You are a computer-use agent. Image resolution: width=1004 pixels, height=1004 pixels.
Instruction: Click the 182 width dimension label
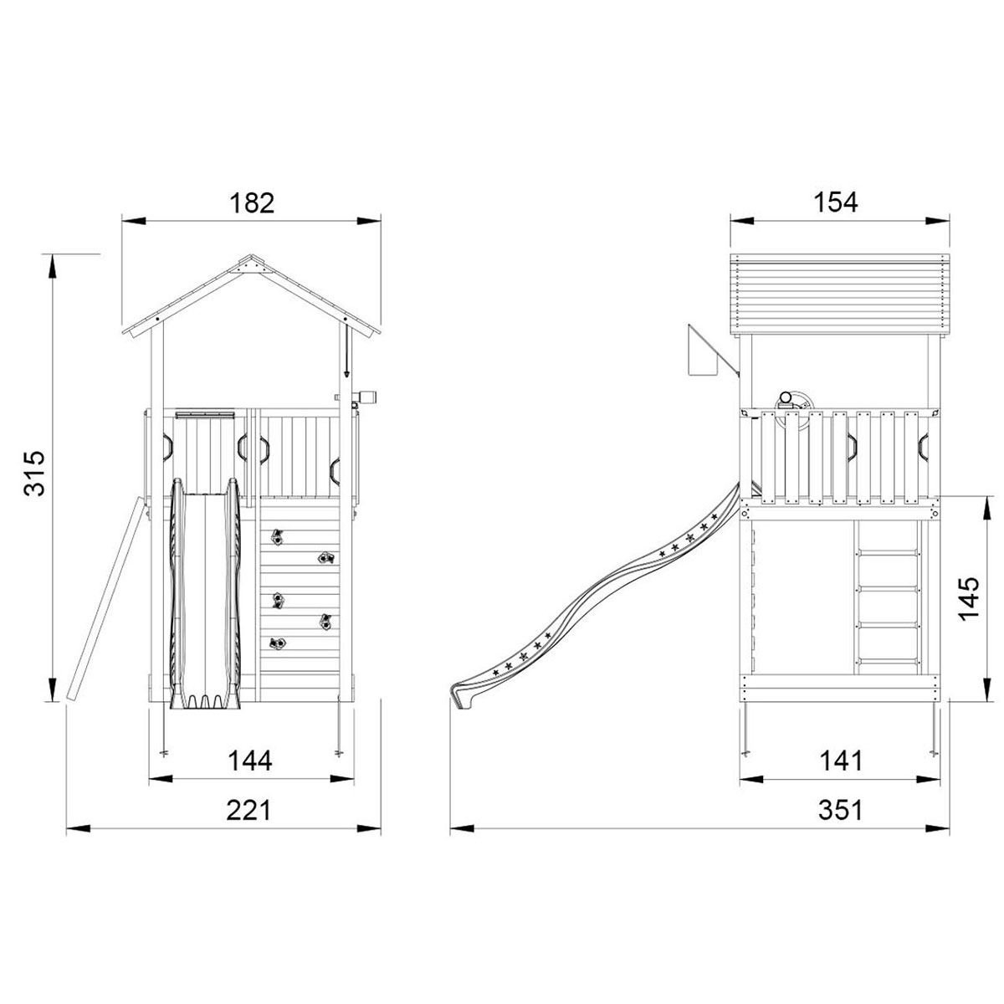(252, 202)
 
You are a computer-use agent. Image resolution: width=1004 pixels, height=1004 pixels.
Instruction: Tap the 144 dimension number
(251, 761)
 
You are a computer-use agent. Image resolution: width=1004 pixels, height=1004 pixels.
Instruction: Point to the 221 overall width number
(249, 810)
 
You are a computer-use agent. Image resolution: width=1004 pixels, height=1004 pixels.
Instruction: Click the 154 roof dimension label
(836, 202)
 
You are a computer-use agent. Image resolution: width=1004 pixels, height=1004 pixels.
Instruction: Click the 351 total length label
(840, 810)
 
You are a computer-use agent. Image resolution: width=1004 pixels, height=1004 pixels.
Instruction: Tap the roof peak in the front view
(252, 255)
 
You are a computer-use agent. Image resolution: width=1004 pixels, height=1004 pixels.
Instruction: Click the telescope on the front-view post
(363, 397)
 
